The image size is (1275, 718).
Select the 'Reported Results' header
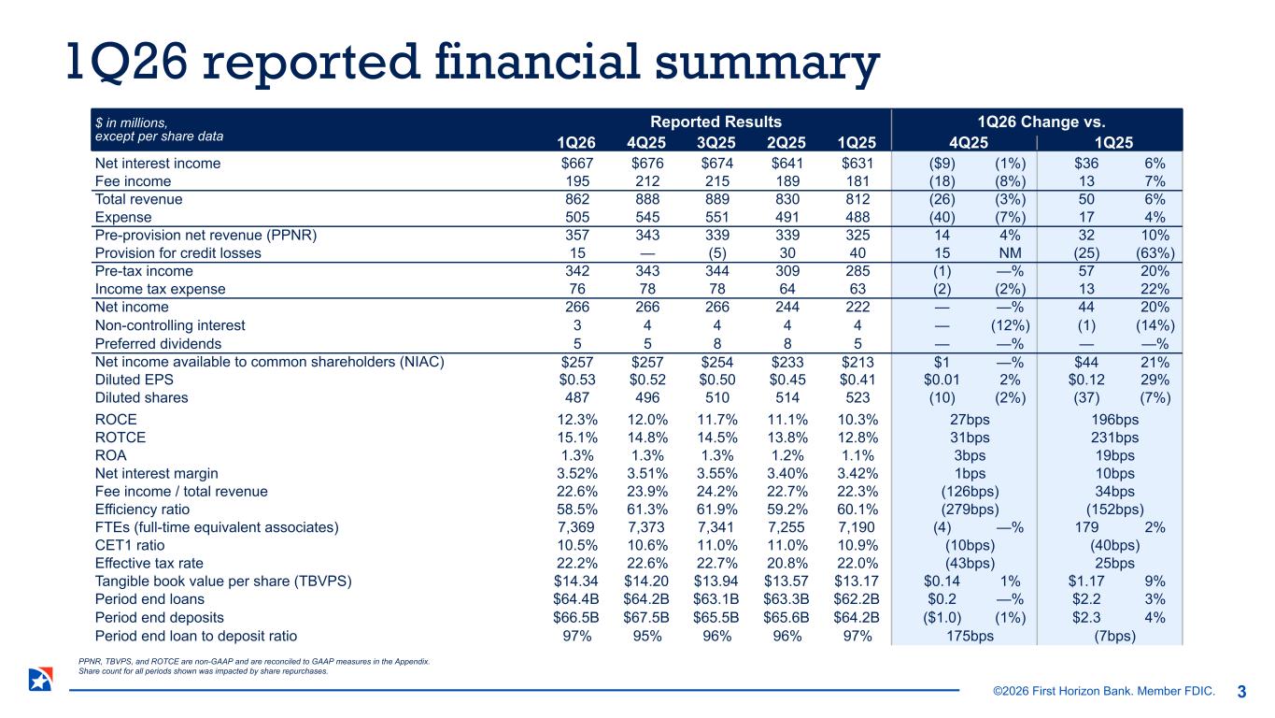[715, 122]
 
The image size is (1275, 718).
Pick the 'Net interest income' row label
[158, 164]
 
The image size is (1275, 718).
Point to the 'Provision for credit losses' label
[178, 252]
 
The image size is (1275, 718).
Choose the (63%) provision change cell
[1155, 252]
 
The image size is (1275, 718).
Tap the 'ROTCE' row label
[120, 438]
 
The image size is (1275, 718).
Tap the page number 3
[1241, 692]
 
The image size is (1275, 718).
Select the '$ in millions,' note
[132, 122]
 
